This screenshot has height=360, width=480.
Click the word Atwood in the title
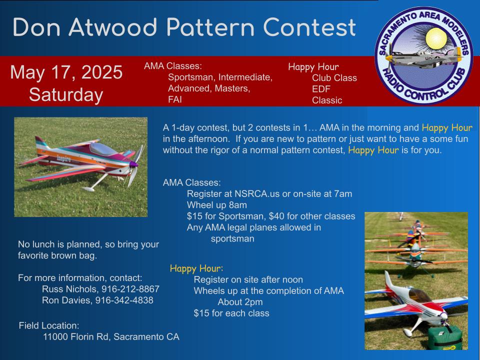point(113,27)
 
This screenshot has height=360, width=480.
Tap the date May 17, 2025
point(66,72)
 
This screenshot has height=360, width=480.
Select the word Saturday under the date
point(66,95)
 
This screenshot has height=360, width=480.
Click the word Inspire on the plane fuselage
point(63,158)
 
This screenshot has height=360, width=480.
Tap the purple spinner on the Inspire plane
point(134,164)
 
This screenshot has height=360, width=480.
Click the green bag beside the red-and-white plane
point(445,338)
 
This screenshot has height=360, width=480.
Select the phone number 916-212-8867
point(130,289)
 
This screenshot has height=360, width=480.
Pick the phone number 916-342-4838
point(124,300)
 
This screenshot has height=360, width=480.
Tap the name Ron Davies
point(67,300)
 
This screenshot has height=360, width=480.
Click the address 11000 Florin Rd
point(77,336)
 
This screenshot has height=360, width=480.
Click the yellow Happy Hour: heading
point(196,268)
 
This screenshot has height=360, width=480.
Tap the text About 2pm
point(240,302)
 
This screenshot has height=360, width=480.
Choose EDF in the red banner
point(321,89)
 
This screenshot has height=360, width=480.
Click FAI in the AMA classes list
point(175,99)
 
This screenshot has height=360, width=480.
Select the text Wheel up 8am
point(216,205)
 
